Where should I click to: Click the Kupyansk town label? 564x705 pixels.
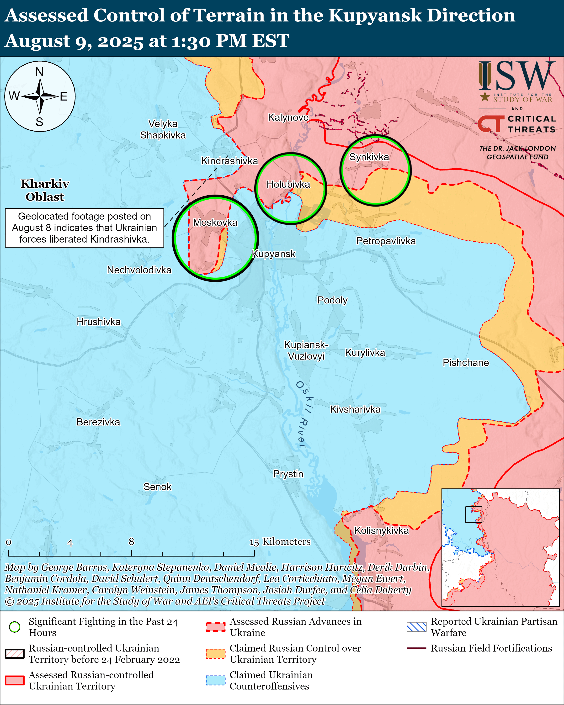tap(274, 254)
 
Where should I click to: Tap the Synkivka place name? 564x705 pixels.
tap(369, 157)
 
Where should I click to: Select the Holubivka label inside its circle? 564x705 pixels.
tap(288, 184)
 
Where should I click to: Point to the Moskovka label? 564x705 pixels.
tap(215, 222)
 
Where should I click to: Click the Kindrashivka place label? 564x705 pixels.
tap(229, 161)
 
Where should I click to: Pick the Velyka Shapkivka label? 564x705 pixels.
tap(163, 129)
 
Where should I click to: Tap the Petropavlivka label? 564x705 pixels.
tap(386, 241)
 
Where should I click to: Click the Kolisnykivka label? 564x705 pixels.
tap(381, 530)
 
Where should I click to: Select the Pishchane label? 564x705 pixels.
tap(466, 363)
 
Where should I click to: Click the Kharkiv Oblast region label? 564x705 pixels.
tap(45, 190)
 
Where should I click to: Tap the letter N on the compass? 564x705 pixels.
tap(40, 72)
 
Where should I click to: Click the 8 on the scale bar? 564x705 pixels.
tap(131, 542)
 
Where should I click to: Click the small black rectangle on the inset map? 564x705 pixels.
tap(474, 514)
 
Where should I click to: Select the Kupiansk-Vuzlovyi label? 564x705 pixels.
tap(306, 350)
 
